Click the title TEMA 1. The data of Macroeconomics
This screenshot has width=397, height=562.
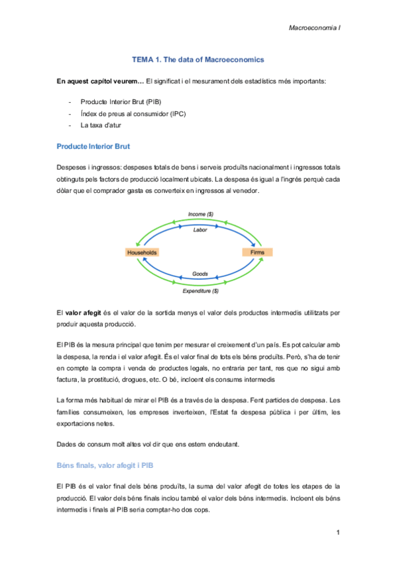[198, 60]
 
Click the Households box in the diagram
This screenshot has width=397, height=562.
[142, 253]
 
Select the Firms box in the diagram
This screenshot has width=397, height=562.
[258, 253]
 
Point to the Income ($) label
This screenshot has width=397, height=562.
[200, 214]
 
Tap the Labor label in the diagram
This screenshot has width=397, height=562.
[200, 230]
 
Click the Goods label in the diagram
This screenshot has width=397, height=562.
[200, 274]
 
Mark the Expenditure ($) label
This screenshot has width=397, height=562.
[200, 290]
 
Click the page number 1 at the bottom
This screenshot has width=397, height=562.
[337, 533]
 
